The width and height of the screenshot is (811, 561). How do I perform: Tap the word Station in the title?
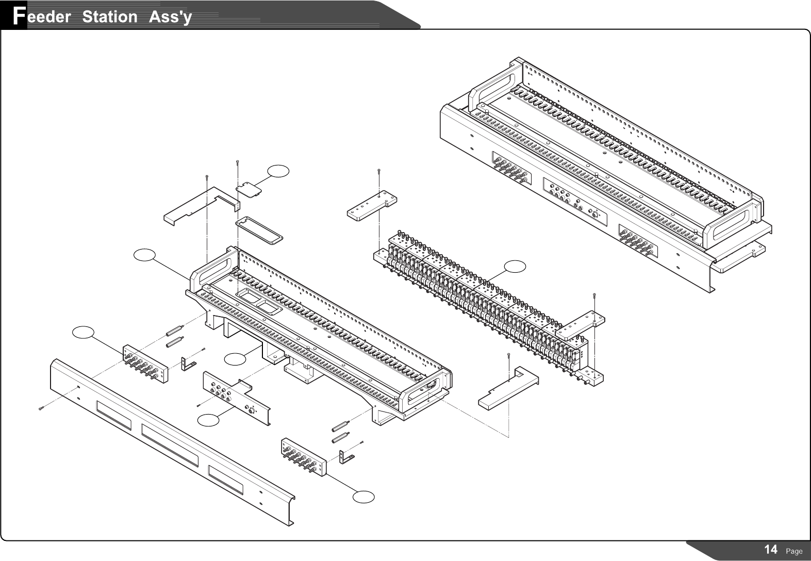coord(109,16)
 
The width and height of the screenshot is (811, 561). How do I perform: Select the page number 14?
coord(771,550)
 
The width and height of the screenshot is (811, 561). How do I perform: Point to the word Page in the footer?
coord(794,551)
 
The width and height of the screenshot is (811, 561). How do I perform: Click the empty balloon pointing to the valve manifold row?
coord(515,266)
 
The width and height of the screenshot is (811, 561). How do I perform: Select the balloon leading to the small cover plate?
coord(278,171)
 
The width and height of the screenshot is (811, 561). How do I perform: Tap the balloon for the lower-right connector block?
coord(363,497)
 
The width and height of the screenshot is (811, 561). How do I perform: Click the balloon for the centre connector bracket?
coord(209,420)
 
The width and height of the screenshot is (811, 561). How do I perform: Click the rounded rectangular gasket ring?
coord(259,230)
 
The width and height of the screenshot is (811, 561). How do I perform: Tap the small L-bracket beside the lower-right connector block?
coord(346,456)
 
